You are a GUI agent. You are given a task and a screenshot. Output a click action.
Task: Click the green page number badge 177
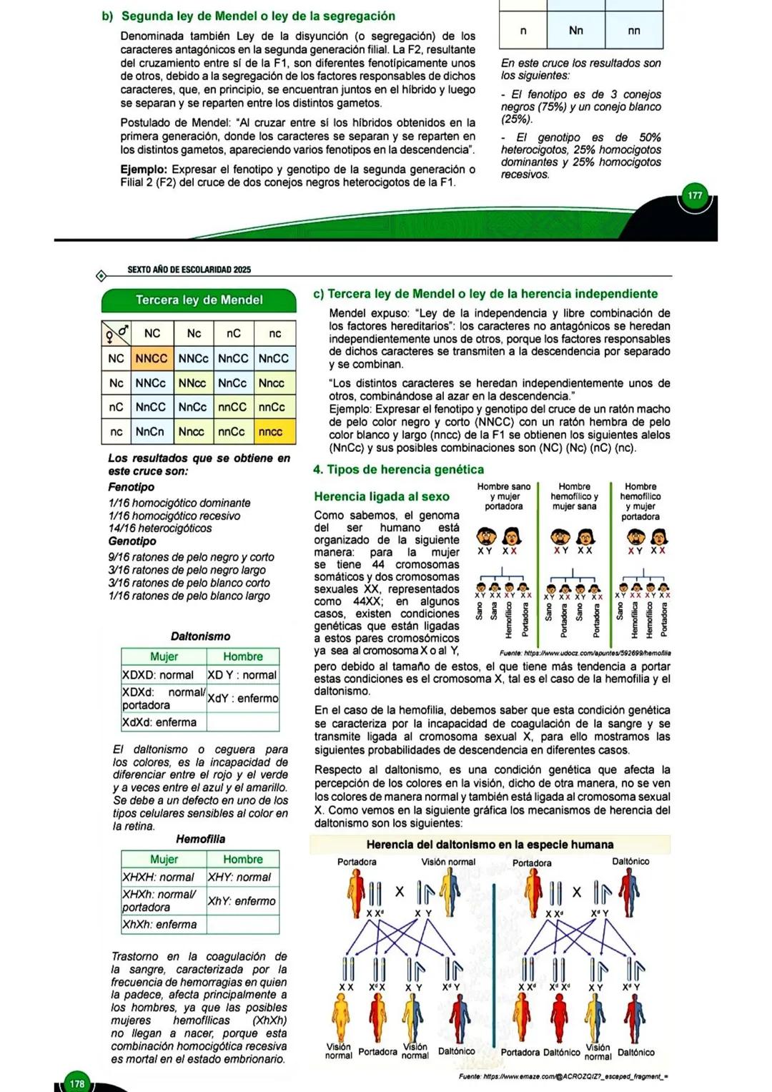click(x=695, y=196)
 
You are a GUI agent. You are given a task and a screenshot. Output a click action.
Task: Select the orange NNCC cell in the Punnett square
click(x=151, y=358)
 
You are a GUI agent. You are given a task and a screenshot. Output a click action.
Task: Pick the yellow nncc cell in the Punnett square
click(x=271, y=432)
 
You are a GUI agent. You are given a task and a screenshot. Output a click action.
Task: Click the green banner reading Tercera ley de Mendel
click(x=199, y=300)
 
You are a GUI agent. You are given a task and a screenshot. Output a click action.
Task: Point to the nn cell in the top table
click(x=634, y=31)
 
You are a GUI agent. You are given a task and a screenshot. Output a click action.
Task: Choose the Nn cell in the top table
click(x=576, y=31)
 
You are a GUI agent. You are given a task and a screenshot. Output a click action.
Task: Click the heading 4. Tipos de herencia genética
click(x=398, y=470)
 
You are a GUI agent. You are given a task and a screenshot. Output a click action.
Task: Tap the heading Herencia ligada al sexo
click(x=382, y=496)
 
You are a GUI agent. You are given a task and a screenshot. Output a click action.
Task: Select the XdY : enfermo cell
click(x=243, y=699)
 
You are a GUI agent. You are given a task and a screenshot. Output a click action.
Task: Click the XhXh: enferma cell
click(x=160, y=924)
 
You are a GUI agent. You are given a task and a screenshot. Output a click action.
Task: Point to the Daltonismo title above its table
click(x=200, y=636)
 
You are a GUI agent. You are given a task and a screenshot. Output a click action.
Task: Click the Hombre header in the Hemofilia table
click(x=243, y=859)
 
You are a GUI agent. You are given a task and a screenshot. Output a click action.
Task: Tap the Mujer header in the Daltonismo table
click(x=164, y=656)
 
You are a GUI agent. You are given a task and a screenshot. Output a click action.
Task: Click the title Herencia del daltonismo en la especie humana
click(x=490, y=845)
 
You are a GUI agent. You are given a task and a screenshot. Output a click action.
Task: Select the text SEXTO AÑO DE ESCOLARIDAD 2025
click(x=189, y=270)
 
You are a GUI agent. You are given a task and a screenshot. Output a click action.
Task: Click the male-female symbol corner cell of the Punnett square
click(x=116, y=333)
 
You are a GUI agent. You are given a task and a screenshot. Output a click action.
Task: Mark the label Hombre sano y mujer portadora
click(x=504, y=496)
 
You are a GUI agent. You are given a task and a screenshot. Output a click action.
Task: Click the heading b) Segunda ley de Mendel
click(x=248, y=16)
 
